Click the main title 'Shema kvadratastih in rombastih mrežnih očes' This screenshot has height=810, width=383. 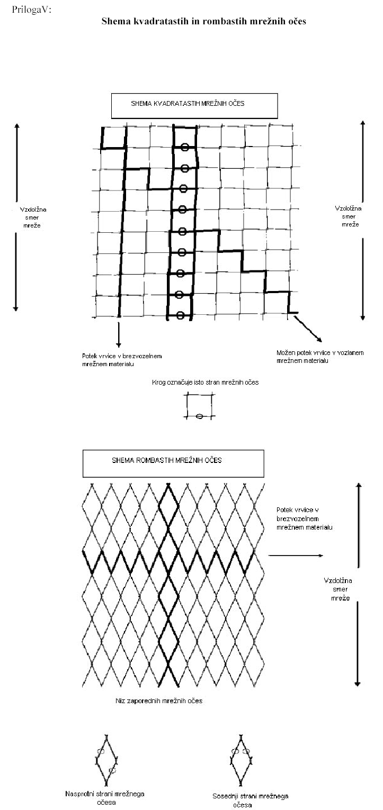point(203,21)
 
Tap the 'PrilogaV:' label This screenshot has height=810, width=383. point(31,10)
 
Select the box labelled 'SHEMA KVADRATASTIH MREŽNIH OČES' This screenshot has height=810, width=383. point(194,106)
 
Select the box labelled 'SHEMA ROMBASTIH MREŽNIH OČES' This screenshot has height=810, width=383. point(173,463)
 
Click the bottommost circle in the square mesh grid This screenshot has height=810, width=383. point(180,315)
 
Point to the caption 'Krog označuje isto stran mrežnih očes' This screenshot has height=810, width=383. point(205,382)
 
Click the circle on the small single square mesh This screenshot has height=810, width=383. point(199,416)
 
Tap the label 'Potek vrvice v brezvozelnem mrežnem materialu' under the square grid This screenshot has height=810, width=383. point(122,360)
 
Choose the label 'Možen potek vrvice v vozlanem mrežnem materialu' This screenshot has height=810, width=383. point(320,357)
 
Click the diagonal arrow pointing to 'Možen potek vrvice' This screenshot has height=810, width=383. point(308,329)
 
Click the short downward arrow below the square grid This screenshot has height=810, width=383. point(118,334)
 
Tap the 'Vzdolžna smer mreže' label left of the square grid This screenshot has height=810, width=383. point(33,217)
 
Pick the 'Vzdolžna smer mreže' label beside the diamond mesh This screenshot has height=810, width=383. point(338,589)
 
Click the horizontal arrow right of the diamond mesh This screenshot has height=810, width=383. point(296,555)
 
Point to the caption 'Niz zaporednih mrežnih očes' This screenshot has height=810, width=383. point(159,701)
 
